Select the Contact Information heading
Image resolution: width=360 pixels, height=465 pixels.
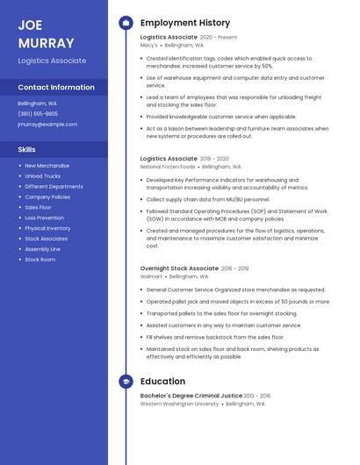pyautogui.click(x=56, y=88)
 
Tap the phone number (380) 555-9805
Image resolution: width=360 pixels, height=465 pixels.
pyautogui.click(x=38, y=114)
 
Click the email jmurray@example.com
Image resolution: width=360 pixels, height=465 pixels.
pyautogui.click(x=47, y=125)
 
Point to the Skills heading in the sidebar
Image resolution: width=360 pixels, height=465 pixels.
pyautogui.click(x=26, y=150)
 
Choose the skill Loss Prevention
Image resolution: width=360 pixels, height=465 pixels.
pyautogui.click(x=44, y=218)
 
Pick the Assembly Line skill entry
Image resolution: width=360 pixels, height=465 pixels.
pyautogui.click(x=42, y=249)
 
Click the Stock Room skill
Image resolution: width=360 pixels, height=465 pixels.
pyautogui.click(x=40, y=260)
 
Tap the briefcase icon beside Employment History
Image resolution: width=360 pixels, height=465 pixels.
pyautogui.click(x=126, y=23)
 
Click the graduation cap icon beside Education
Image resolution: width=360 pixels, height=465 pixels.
pyautogui.click(x=126, y=382)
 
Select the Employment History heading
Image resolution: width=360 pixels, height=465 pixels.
pyautogui.click(x=184, y=23)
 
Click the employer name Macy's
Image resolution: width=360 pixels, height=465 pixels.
pyautogui.click(x=148, y=45)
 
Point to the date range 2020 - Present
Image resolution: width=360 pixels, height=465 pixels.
pyautogui.click(x=219, y=38)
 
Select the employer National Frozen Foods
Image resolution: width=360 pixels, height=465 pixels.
pyautogui.click(x=167, y=166)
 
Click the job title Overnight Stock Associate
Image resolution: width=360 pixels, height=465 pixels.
pyautogui.click(x=179, y=268)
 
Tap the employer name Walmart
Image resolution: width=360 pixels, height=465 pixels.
pyautogui.click(x=151, y=276)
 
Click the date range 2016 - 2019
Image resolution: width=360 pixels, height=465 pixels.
pyautogui.click(x=234, y=268)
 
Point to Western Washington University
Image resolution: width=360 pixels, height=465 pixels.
pyautogui.click(x=179, y=404)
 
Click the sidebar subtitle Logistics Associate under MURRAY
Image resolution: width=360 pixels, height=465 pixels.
pyautogui.click(x=52, y=61)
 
